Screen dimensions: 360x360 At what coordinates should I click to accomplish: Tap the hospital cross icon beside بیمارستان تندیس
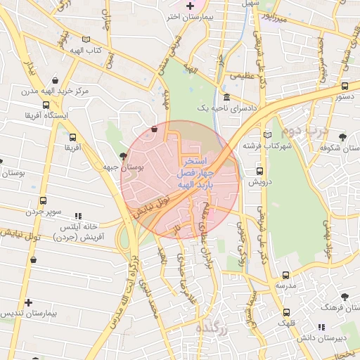pyautogui.click(x=28, y=302)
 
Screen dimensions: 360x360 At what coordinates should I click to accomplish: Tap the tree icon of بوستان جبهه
pyautogui.click(x=124, y=156)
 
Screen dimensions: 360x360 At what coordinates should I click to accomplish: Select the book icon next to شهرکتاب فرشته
pyautogui.click(x=267, y=134)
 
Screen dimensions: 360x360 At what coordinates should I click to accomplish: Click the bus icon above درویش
pyautogui.click(x=259, y=171)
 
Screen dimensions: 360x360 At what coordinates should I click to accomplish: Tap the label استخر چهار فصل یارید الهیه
pyautogui.click(x=203, y=172)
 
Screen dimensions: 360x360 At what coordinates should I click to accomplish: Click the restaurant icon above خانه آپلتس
pyautogui.click(x=79, y=216)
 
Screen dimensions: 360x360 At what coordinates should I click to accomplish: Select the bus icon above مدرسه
pyautogui.click(x=285, y=275)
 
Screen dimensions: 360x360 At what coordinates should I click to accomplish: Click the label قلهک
pyautogui.click(x=286, y=323)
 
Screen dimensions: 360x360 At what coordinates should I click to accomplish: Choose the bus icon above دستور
pyautogui.click(x=345, y=86)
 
